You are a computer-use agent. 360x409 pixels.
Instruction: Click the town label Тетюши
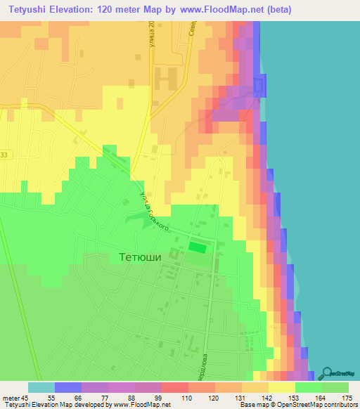click(x=136, y=257)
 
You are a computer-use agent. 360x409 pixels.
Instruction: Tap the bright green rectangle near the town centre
click(x=198, y=247)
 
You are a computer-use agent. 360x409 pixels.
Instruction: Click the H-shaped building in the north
click(x=167, y=77)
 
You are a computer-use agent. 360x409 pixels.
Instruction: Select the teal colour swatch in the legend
click(x=41, y=387)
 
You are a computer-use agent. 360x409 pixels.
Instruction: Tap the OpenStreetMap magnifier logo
click(x=326, y=373)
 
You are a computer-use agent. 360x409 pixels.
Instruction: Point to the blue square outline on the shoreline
click(x=259, y=86)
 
